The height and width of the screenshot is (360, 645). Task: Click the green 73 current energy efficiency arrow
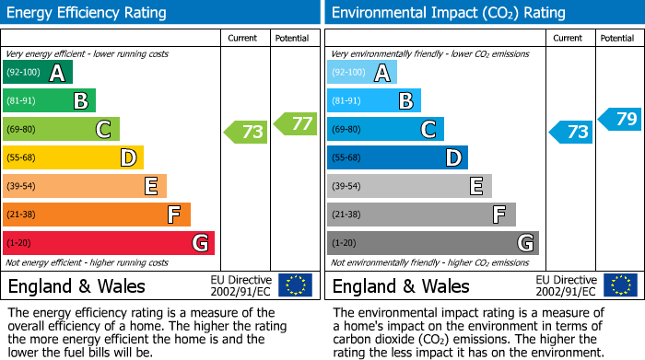[x=247, y=132]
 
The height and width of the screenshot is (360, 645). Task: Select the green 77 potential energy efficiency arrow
[x=295, y=122]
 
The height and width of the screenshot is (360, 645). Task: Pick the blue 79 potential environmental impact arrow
[x=620, y=119]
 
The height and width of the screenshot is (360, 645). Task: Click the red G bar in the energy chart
[x=109, y=243]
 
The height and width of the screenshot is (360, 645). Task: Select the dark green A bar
[x=38, y=73]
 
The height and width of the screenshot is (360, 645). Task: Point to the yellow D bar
[x=74, y=157]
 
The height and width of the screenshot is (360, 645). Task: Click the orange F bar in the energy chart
[x=97, y=215]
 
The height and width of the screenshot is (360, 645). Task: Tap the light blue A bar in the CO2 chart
[x=362, y=73]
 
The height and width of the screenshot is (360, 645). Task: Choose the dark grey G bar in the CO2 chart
[x=433, y=243]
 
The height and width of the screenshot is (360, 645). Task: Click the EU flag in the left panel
[x=296, y=285]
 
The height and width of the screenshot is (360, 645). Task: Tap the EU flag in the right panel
[x=620, y=285]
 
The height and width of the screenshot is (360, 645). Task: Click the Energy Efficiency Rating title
[x=88, y=13]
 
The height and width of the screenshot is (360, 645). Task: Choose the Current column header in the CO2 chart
[x=569, y=38]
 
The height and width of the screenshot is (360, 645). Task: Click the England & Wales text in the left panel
[x=76, y=286]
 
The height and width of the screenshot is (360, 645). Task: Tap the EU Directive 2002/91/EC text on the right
[x=566, y=285]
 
